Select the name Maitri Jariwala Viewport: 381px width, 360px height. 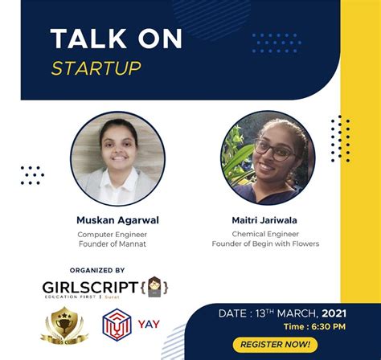point(265,219)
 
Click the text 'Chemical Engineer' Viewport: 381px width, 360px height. point(265,233)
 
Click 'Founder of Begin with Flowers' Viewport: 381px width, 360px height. point(265,243)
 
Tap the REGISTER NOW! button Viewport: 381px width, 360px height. point(272,344)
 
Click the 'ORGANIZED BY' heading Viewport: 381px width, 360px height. point(97,271)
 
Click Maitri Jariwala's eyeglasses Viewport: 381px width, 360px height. point(270,149)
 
